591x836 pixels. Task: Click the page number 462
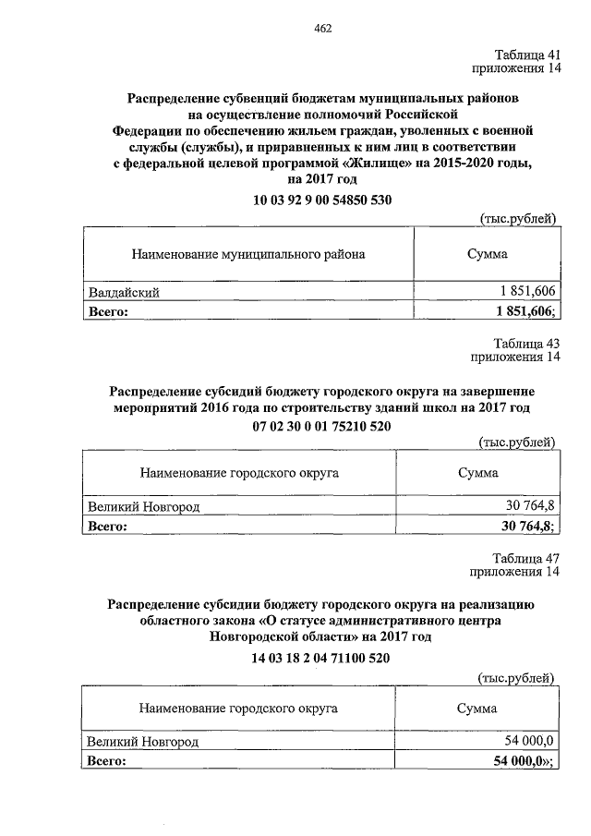tap(322, 29)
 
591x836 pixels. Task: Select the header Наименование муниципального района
tap(248, 252)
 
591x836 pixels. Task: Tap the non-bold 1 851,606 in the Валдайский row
tap(521, 293)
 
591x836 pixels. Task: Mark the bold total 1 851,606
tap(519, 311)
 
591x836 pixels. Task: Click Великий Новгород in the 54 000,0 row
tap(143, 742)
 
